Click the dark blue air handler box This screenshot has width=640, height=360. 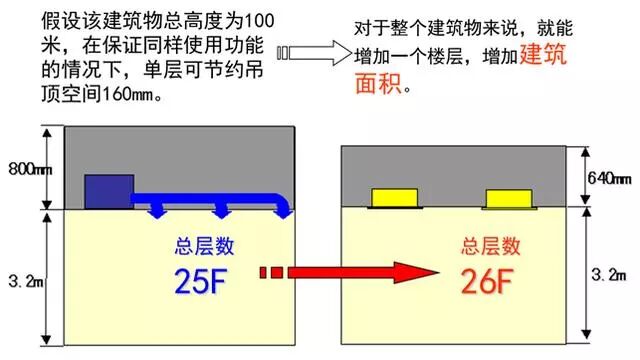[109, 190]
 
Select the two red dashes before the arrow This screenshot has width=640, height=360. [271, 272]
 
